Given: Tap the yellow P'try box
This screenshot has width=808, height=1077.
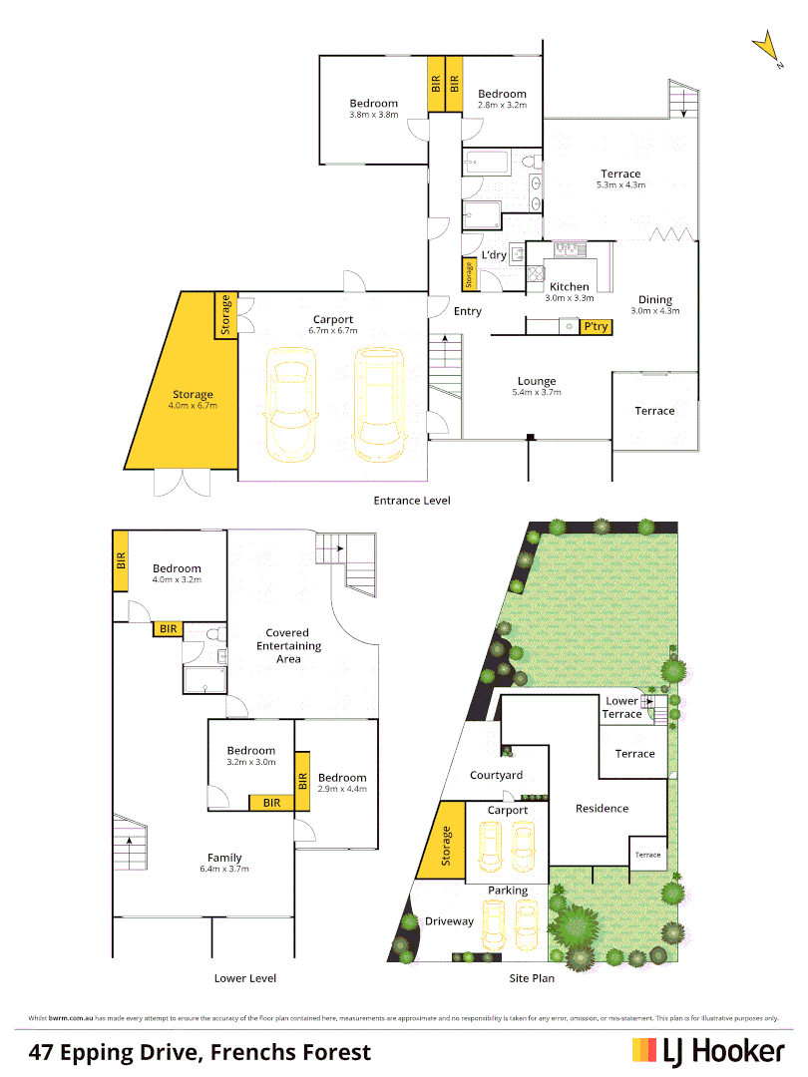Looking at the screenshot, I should tap(597, 326).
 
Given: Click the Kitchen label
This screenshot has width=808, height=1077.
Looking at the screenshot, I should tap(570, 287).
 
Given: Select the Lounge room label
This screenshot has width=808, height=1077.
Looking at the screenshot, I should tap(537, 381).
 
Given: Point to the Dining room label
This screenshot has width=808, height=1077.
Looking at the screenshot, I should tap(655, 300).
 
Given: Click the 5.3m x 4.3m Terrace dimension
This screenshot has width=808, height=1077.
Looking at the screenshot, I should tap(620, 185).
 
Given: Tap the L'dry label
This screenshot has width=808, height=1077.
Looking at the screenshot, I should tap(494, 255).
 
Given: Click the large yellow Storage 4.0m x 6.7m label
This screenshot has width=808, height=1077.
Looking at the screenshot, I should tap(193, 400).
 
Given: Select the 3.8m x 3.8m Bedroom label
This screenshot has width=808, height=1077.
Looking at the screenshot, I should tap(373, 109).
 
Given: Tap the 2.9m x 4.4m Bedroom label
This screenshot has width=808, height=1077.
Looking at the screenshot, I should tap(342, 783).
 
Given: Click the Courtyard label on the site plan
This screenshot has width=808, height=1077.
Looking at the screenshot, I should tap(496, 775).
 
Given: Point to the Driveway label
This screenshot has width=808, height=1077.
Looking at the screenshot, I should tap(449, 920).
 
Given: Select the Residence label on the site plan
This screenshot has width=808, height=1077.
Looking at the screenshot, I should tap(602, 808).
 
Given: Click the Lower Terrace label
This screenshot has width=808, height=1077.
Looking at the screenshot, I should tap(622, 707).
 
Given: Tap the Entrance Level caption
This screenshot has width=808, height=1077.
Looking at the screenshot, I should tap(411, 500).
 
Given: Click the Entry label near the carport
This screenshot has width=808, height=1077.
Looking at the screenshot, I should tap(467, 311).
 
